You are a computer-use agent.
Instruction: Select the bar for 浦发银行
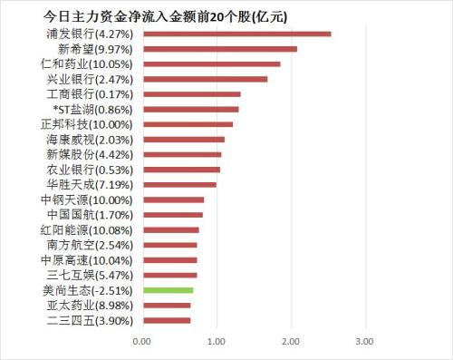click(236, 34)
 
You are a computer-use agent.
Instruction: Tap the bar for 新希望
click(219, 49)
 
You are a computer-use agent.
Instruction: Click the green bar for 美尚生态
click(168, 289)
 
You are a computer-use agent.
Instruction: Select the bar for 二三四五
click(166, 319)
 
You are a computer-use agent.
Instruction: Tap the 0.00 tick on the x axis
click(141, 342)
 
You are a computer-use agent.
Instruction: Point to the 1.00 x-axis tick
click(216, 342)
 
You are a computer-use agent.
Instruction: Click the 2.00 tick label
click(290, 342)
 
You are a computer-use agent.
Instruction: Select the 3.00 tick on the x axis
click(363, 342)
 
